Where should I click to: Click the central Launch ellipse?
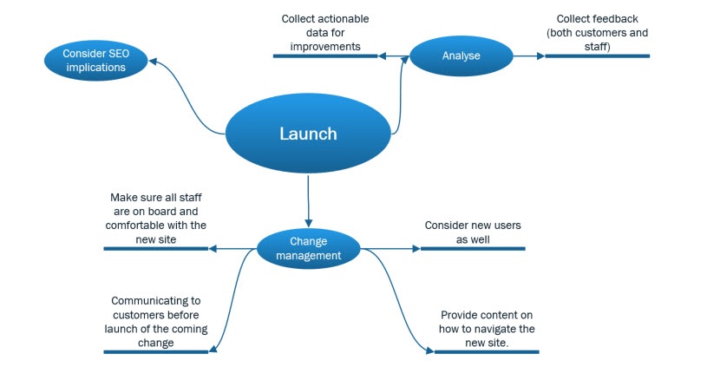pyautogui.click(x=308, y=134)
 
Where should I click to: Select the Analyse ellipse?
pyautogui.click(x=460, y=56)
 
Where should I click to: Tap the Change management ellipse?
pyautogui.click(x=309, y=249)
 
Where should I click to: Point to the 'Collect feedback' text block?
pyautogui.click(x=597, y=32)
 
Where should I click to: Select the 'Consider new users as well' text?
pyautogui.click(x=473, y=232)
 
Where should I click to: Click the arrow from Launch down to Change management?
pyautogui.click(x=308, y=200)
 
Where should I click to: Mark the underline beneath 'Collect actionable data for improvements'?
pyautogui.click(x=325, y=56)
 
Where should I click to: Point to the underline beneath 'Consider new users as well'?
pyautogui.click(x=473, y=249)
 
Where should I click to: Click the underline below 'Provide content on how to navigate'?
pyautogui.click(x=487, y=351)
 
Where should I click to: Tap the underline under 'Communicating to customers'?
pyautogui.click(x=156, y=351)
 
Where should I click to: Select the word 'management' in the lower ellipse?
pyautogui.click(x=309, y=256)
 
